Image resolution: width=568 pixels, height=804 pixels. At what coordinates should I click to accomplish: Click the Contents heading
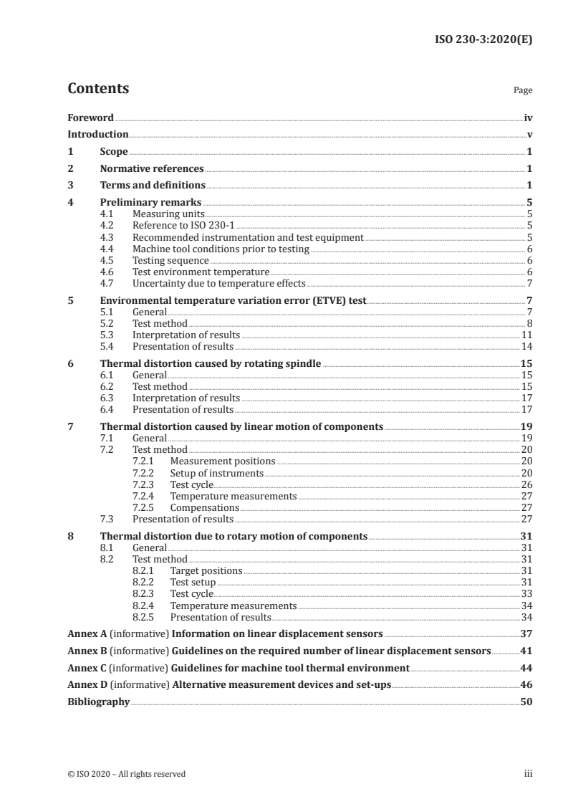coord(98,89)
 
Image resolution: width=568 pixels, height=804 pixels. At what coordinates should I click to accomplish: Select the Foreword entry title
coord(90,118)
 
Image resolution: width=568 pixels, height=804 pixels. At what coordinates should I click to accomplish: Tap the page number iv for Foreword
coord(528,118)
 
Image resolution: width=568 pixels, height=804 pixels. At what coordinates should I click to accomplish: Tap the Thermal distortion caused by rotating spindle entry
coord(211,364)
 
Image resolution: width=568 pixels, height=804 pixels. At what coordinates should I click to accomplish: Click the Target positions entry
coord(206,570)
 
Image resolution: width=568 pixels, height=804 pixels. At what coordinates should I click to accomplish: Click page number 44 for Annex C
coord(526,668)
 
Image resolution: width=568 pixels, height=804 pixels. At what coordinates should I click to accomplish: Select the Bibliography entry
coord(98,702)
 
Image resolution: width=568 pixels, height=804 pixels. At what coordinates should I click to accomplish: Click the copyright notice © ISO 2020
coord(126,774)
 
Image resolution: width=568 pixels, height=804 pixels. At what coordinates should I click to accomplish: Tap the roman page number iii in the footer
coord(528,774)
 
